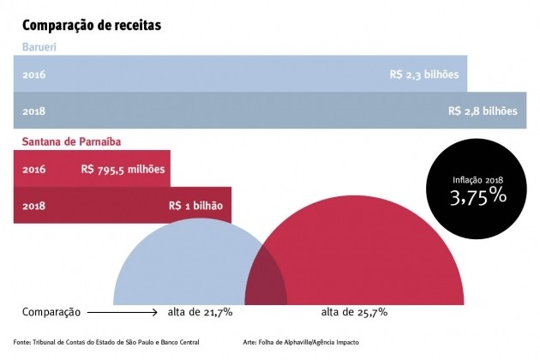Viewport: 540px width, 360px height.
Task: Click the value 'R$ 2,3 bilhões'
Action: coord(424,75)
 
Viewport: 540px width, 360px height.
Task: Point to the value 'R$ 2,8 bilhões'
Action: coord(483,111)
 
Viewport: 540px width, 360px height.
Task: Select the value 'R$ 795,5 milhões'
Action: coord(123,170)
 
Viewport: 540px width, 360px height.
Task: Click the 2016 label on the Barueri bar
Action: coord(35,75)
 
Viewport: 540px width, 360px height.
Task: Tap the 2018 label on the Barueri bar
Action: coord(35,111)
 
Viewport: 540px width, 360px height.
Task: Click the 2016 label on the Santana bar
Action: coord(35,170)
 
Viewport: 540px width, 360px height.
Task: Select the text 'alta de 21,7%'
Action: coord(201,310)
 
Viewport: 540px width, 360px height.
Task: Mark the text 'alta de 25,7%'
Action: coord(354,310)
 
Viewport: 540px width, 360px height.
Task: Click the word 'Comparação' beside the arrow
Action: coord(51,310)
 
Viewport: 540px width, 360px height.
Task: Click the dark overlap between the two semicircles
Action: coord(266,284)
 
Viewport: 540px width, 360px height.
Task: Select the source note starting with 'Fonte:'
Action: coord(106,342)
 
